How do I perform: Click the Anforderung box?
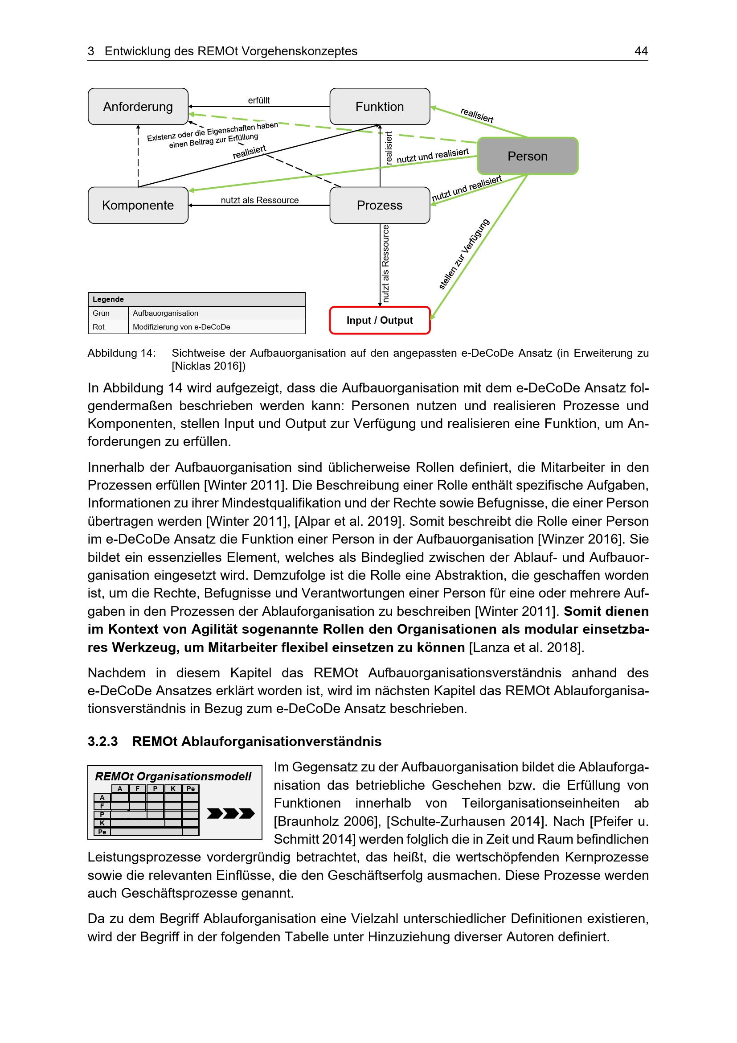138,106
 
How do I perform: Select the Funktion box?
380,106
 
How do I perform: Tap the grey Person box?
528,156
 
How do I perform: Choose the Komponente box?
138,205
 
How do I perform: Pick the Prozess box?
380,205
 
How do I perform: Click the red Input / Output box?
380,320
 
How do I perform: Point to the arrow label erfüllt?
259,100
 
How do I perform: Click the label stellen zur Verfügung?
464,254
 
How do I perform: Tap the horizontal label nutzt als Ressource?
260,200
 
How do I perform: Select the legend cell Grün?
101,313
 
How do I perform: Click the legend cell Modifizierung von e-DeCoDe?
181,327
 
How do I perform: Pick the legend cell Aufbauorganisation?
166,313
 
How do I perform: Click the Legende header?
108,299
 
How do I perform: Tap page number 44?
641,51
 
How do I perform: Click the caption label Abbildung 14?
121,353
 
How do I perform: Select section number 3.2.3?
102,742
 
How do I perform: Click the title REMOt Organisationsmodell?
173,776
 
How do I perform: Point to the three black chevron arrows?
230,813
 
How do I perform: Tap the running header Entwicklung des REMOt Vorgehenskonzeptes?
231,51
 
